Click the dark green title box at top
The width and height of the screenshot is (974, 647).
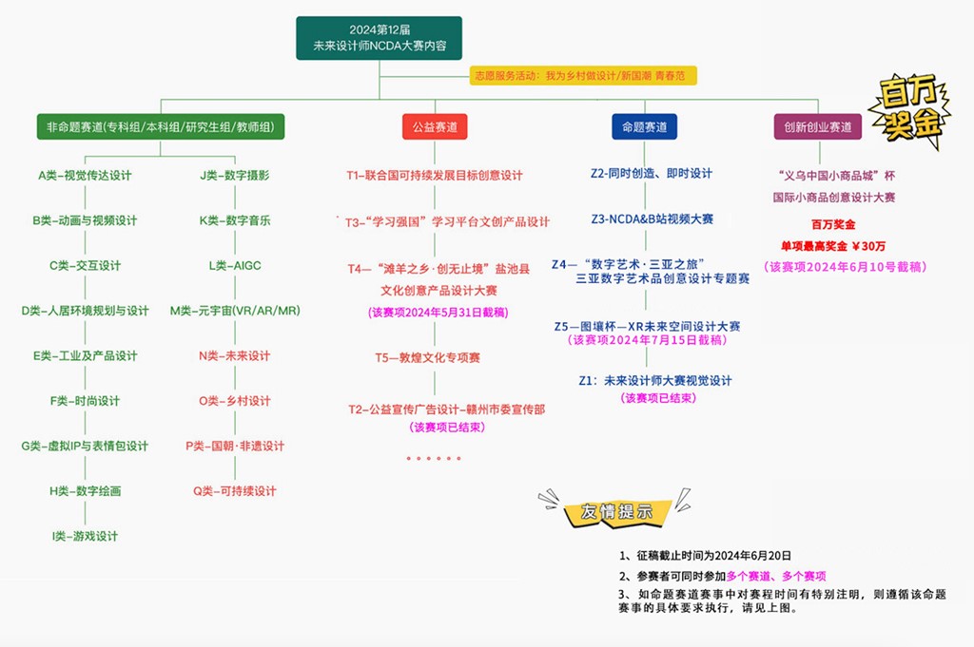click(379, 38)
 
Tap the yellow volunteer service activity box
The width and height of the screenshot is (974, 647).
click(583, 76)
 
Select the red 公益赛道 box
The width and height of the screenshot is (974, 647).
click(435, 127)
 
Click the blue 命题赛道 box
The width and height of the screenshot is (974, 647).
click(644, 127)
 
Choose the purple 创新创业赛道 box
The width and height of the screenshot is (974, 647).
click(817, 127)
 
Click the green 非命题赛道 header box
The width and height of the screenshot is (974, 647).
click(160, 127)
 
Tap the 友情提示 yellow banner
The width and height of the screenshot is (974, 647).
click(616, 511)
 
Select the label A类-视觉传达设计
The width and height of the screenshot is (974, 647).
click(85, 176)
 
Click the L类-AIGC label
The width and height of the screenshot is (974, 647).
click(235, 265)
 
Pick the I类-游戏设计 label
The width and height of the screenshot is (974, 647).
click(85, 536)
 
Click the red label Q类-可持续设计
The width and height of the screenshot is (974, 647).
click(235, 491)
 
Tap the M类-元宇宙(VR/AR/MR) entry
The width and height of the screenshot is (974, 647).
click(235, 311)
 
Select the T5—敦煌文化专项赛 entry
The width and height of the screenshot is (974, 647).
click(427, 358)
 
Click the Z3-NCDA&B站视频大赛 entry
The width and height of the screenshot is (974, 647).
click(653, 219)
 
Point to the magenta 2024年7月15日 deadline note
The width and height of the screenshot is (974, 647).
click(647, 340)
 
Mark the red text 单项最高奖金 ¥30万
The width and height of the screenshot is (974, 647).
click(833, 246)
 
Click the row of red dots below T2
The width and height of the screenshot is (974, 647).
click(434, 459)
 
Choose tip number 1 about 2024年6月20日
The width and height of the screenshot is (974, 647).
click(705, 556)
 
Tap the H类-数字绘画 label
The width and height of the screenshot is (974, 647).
click(85, 491)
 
